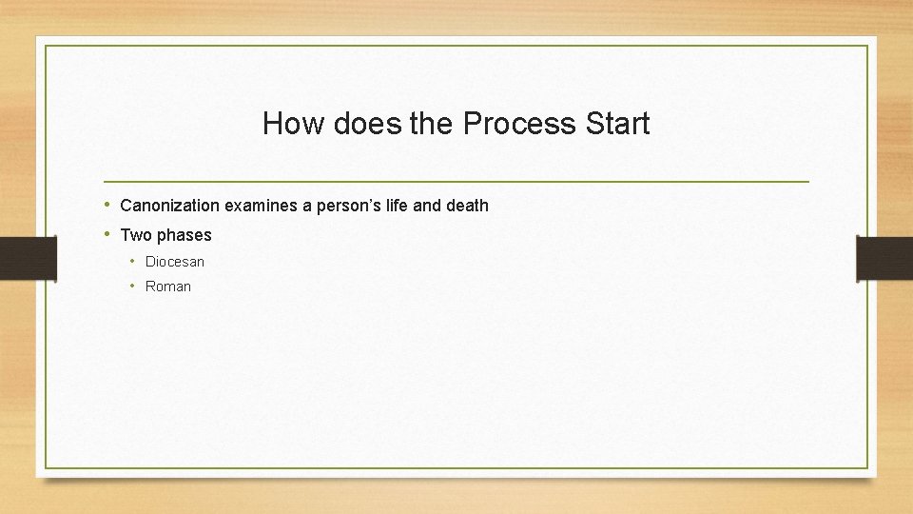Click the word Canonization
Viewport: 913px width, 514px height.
click(170, 206)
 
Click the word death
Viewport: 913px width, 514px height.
click(465, 206)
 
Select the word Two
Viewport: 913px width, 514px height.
click(136, 235)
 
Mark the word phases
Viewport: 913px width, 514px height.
click(185, 235)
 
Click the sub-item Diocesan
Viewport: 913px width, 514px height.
click(175, 262)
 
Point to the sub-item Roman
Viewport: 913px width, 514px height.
click(168, 287)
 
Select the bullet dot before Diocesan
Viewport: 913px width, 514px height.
click(135, 261)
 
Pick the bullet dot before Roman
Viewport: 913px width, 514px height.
click(135, 286)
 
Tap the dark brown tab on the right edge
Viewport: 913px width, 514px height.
click(884, 257)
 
